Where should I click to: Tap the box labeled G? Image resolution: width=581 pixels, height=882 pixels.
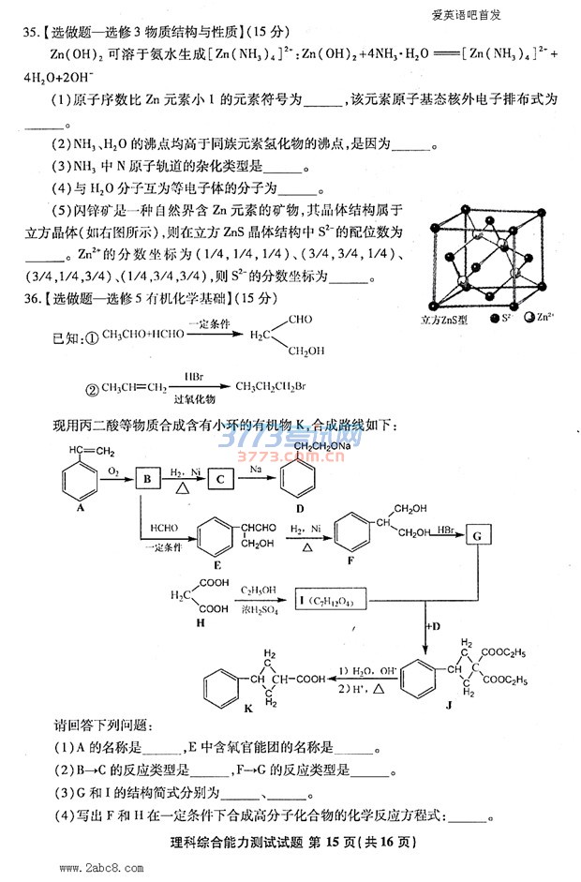tap(476, 535)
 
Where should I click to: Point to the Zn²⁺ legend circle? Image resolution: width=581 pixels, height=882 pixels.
tap(531, 320)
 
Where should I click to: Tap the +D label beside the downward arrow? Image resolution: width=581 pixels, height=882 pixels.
tap(433, 624)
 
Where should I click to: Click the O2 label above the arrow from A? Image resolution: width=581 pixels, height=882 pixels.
tap(112, 468)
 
